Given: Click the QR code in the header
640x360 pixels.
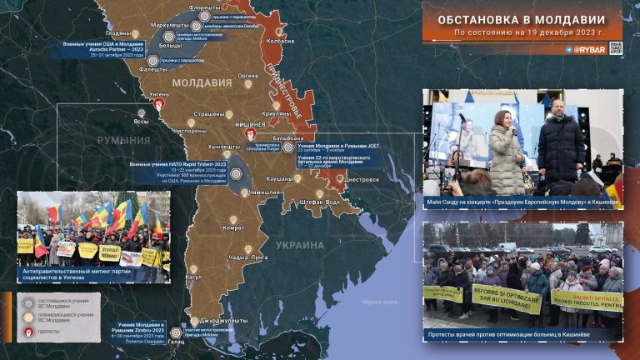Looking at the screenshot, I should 615,47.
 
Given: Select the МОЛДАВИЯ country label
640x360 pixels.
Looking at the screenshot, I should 202,83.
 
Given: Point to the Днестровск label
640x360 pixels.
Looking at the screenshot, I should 361,178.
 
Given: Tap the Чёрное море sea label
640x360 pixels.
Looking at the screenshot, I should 378,302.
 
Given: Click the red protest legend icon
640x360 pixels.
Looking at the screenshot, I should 28,332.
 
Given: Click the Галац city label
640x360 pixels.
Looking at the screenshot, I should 176,340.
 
